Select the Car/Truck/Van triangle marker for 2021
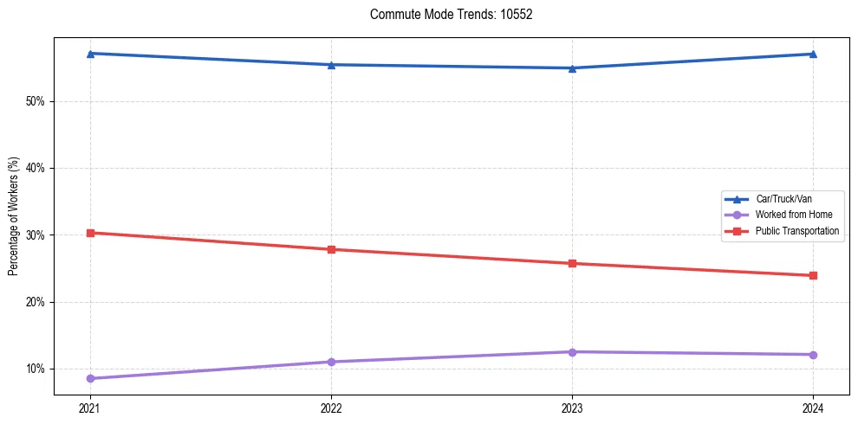coord(90,54)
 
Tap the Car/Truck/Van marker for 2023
coord(572,68)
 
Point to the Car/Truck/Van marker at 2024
coord(813,55)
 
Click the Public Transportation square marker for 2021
coord(90,233)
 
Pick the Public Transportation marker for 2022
coord(331,249)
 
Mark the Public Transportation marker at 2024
coord(813,275)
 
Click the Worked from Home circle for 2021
coord(90,378)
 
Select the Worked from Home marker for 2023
coord(572,352)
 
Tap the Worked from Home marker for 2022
coord(331,362)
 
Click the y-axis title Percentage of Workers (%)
coord(13,216)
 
